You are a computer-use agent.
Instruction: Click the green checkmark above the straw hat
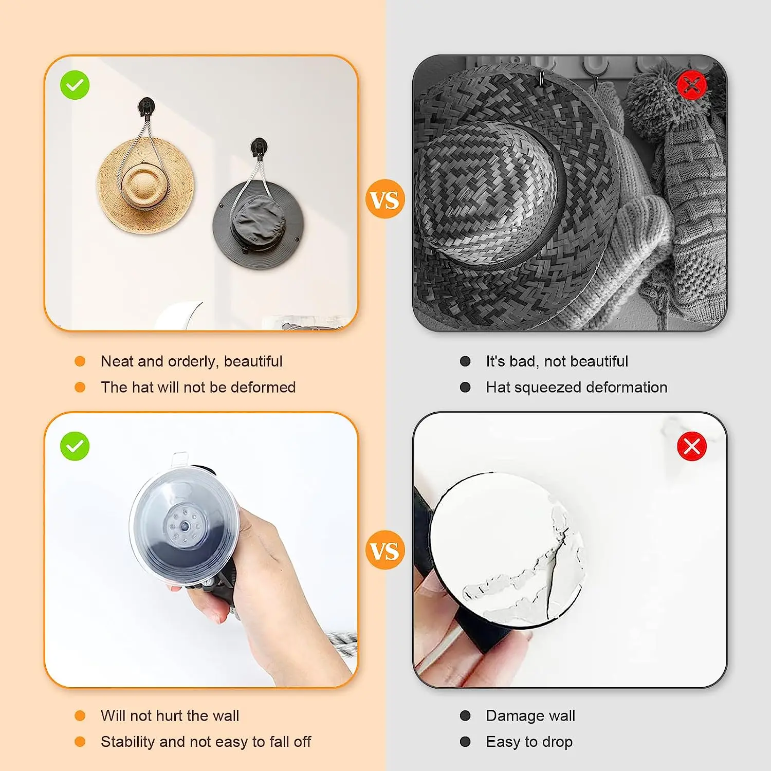pyautogui.click(x=75, y=85)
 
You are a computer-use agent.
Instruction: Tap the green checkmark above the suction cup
pyautogui.click(x=75, y=446)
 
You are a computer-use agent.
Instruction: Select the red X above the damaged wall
pyautogui.click(x=692, y=446)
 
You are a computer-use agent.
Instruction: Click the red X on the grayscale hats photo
pyautogui.click(x=692, y=85)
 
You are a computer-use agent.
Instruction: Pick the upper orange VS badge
pyautogui.click(x=385, y=199)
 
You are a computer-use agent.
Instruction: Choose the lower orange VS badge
pyautogui.click(x=385, y=550)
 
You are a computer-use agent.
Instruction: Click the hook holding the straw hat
pyautogui.click(x=146, y=108)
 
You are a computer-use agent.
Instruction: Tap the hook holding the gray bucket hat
pyautogui.click(x=259, y=148)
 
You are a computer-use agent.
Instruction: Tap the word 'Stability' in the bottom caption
pyautogui.click(x=128, y=742)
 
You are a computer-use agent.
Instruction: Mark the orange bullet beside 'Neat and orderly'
pyautogui.click(x=80, y=361)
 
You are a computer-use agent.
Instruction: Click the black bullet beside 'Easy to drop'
pyautogui.click(x=465, y=742)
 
